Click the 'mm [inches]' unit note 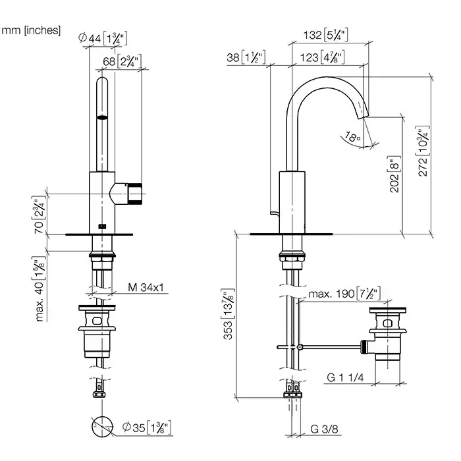(x=32, y=30)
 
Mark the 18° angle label (x=352, y=138)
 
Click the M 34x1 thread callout (x=145, y=286)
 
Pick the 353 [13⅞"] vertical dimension (x=227, y=316)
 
